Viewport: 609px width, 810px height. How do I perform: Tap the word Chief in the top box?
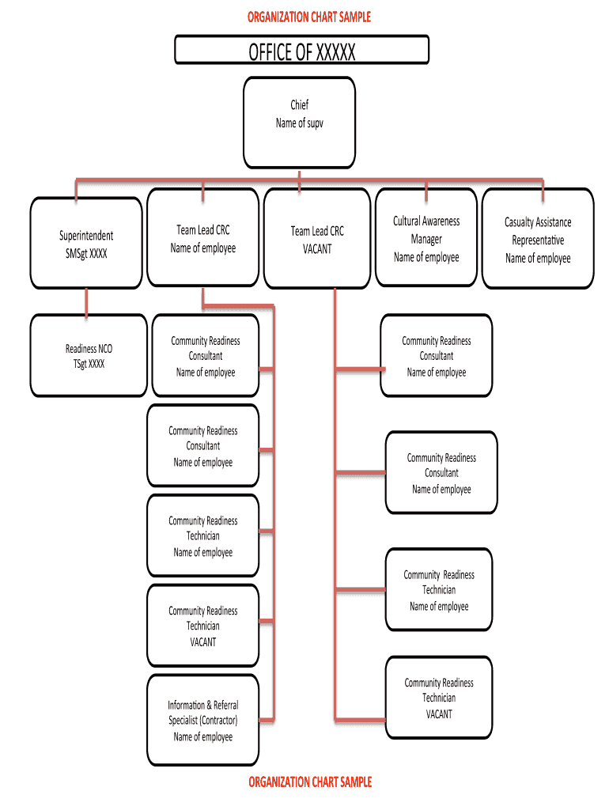pyautogui.click(x=299, y=104)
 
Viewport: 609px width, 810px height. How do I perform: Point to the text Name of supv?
pyautogui.click(x=299, y=123)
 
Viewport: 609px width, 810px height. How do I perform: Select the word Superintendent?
pyautogui.click(x=86, y=236)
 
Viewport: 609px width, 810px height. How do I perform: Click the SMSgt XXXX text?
pyautogui.click(x=86, y=253)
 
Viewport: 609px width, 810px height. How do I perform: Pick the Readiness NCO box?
pyautogui.click(x=89, y=355)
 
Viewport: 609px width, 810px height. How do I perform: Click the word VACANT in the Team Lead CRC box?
pyautogui.click(x=316, y=248)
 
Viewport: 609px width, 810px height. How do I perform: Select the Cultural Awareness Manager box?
pyautogui.click(x=426, y=238)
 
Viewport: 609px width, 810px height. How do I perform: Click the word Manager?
pyautogui.click(x=426, y=239)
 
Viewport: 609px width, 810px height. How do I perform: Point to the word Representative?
pyautogui.click(x=538, y=240)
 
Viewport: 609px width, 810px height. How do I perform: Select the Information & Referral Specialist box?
pyautogui.click(x=202, y=720)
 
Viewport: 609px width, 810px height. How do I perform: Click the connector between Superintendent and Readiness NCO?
pyautogui.click(x=86, y=301)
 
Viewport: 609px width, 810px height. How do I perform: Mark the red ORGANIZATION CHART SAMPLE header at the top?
pyautogui.click(x=308, y=17)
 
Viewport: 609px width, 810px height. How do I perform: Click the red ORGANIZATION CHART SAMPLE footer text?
pyautogui.click(x=309, y=782)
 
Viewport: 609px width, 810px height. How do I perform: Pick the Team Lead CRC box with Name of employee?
pyautogui.click(x=203, y=238)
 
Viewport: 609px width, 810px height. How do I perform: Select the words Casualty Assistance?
pyautogui.click(x=538, y=222)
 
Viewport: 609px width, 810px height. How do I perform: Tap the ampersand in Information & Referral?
pyautogui.click(x=209, y=705)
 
